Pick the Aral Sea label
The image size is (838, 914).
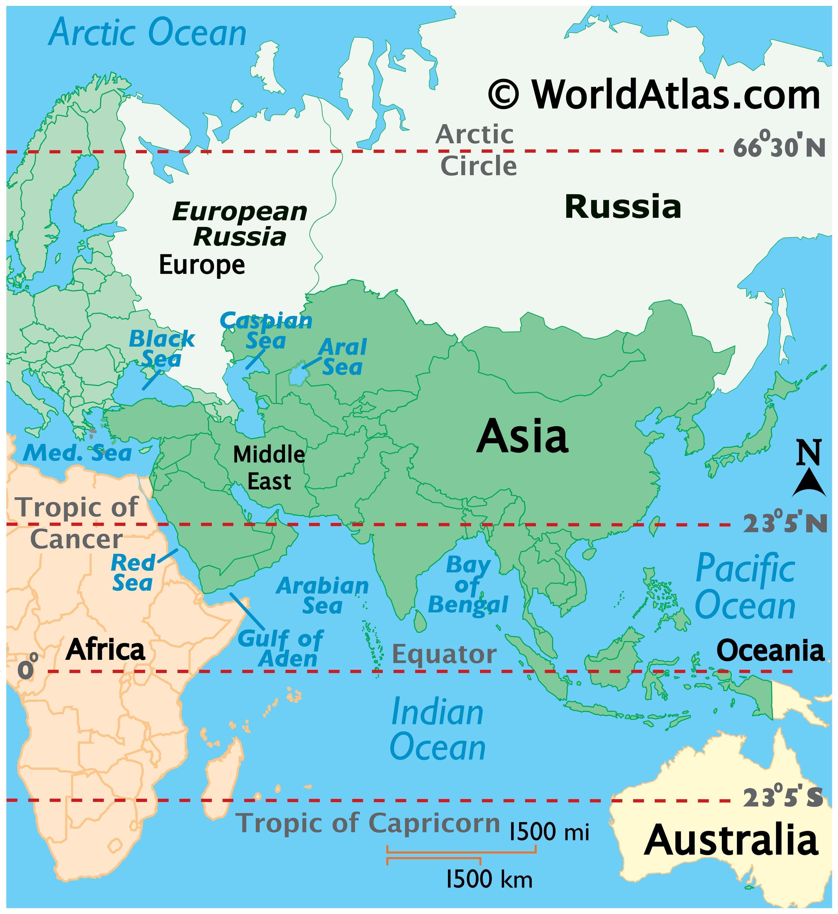click(342, 357)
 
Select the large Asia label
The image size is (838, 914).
click(522, 436)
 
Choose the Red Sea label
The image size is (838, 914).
click(133, 572)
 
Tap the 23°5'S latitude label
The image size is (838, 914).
click(782, 798)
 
